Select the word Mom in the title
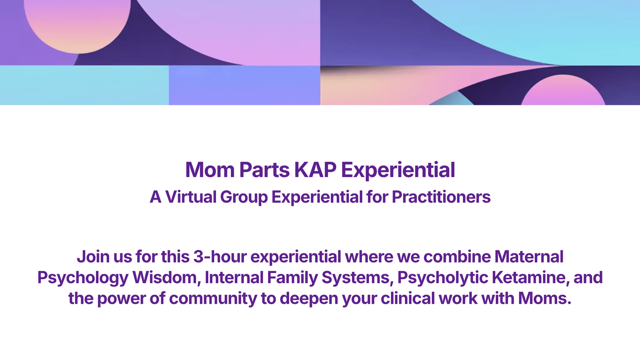[x=210, y=170]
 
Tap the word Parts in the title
[x=265, y=170]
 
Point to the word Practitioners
[x=441, y=197]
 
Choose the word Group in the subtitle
[x=244, y=197]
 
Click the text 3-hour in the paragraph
[x=220, y=256]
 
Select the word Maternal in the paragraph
[x=529, y=256]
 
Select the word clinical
[x=408, y=298]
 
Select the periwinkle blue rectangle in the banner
[x=244, y=85]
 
